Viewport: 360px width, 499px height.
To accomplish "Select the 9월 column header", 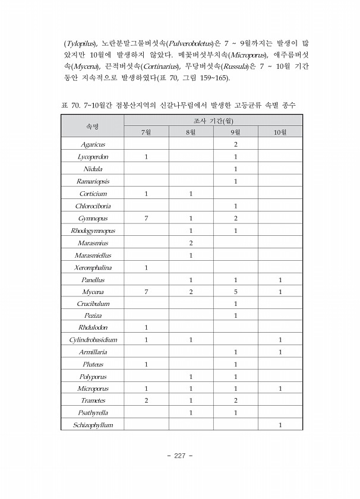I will click(x=235, y=132).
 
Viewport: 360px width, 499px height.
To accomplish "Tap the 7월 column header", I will click(x=146, y=132).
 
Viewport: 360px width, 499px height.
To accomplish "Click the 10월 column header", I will click(x=280, y=132).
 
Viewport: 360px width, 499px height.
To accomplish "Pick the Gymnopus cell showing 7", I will click(x=146, y=218).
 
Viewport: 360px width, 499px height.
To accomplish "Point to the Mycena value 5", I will click(x=235, y=292).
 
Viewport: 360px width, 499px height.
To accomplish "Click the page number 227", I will click(x=180, y=456).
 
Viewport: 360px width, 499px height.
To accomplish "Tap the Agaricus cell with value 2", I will click(x=235, y=144).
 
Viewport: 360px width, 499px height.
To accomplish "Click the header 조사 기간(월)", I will click(x=213, y=120).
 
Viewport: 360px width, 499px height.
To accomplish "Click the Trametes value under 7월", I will click(x=146, y=400).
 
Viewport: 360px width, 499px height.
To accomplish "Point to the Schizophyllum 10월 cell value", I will click(x=280, y=425).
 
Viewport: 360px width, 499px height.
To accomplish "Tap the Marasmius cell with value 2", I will click(x=191, y=242).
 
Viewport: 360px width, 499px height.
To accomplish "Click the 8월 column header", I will click(x=191, y=132).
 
